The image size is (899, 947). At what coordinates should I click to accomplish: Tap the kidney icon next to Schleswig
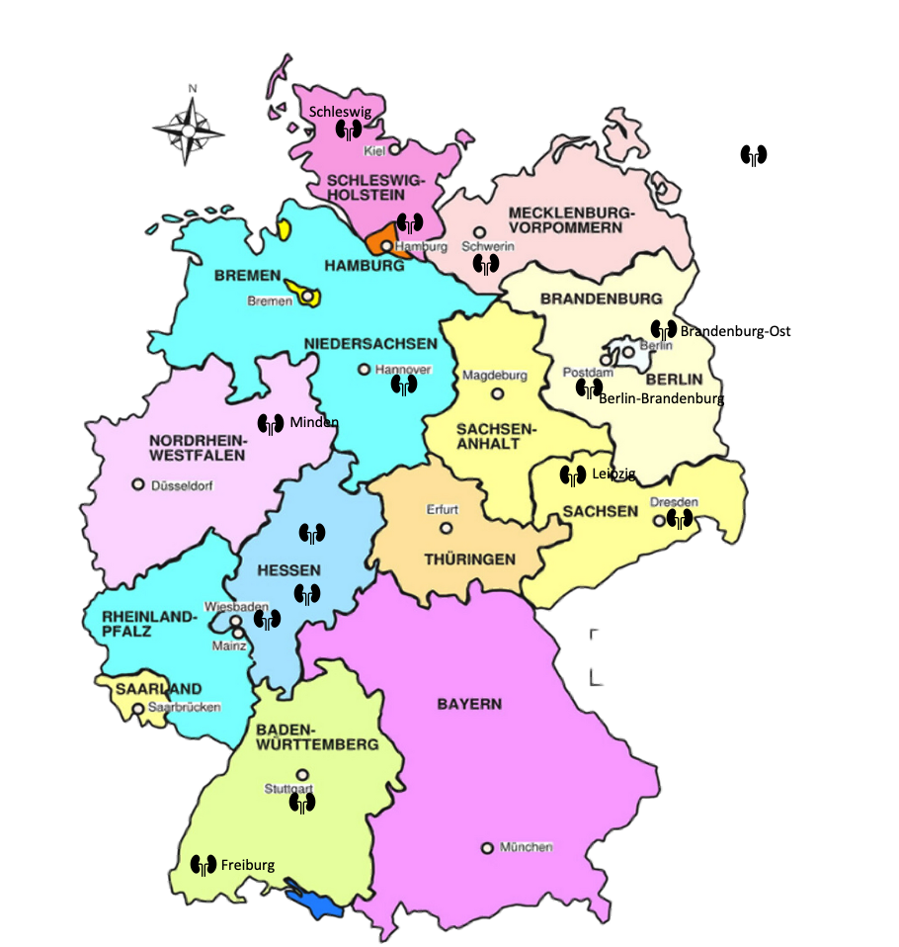coord(347,130)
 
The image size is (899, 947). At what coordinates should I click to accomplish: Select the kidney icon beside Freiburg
coord(204,865)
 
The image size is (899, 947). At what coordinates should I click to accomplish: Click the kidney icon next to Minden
coord(271,424)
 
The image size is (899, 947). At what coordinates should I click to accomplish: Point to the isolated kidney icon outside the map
coord(754,155)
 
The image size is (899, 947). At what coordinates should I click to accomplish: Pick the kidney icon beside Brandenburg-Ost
coord(664,330)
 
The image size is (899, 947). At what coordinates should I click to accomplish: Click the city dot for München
coord(487,848)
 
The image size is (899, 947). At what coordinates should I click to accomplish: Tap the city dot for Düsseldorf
coord(138,485)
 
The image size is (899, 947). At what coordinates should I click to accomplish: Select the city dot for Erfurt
coord(446,528)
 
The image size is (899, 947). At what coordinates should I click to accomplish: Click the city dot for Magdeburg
coord(498,392)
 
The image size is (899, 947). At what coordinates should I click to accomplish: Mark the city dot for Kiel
coord(394,150)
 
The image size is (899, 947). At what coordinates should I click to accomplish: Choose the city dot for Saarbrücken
coord(137,708)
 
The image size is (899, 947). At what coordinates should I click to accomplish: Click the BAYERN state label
coord(469,705)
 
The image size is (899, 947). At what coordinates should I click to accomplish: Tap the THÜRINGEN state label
coord(469,560)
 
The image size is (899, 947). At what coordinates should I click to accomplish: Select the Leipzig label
coord(613,474)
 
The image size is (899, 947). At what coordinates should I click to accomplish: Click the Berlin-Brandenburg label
coord(661,399)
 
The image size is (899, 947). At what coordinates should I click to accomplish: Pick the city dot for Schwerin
coord(479,232)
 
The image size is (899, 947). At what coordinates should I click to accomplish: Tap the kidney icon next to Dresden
coord(679,519)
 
